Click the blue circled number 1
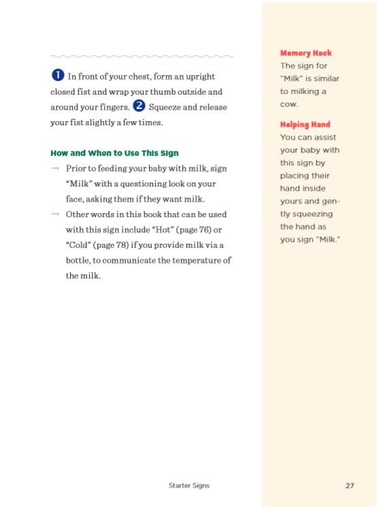[58, 76]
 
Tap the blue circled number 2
[139, 105]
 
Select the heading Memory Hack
[306, 53]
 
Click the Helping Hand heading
[305, 125]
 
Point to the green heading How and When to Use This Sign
[114, 153]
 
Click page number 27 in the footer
[349, 485]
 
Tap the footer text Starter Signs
[189, 485]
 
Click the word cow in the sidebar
[288, 103]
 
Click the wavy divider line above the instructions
[142, 56]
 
